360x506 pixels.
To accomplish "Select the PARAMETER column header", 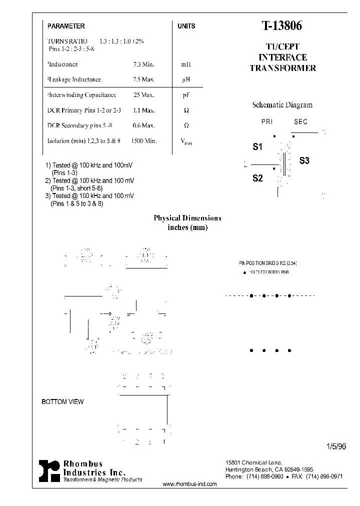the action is pyautogui.click(x=66, y=26).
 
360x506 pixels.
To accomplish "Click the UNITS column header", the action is pyautogui.click(x=186, y=26).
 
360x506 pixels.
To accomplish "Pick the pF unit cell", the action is pyautogui.click(x=185, y=95).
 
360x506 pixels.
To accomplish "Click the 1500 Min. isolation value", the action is pyautogui.click(x=144, y=141).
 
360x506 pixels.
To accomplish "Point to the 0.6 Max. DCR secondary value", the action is pyautogui.click(x=144, y=125).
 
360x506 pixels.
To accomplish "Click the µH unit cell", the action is pyautogui.click(x=185, y=79).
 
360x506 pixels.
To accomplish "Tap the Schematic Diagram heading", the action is pyautogui.click(x=282, y=105).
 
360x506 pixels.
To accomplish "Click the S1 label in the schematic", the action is pyautogui.click(x=257, y=147).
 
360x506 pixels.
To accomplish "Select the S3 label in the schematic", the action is pyautogui.click(x=304, y=160).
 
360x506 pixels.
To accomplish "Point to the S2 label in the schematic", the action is pyautogui.click(x=257, y=178).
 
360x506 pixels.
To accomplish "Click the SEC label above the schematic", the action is pyautogui.click(x=300, y=122).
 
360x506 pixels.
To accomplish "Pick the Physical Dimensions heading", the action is pyautogui.click(x=187, y=218).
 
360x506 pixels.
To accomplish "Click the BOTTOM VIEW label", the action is pyautogui.click(x=62, y=401).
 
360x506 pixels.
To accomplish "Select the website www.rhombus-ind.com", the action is pyautogui.click(x=190, y=484).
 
